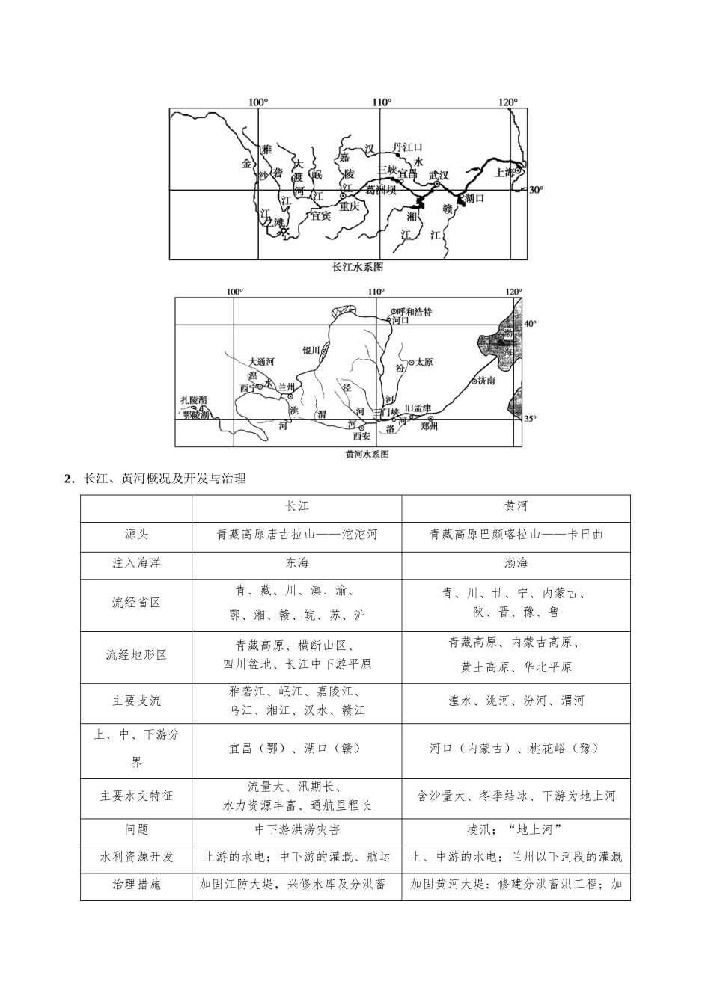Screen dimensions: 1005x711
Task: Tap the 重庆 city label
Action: [x=349, y=206]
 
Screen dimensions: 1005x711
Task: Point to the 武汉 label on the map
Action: [x=439, y=175]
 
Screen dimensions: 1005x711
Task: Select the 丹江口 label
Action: [x=408, y=147]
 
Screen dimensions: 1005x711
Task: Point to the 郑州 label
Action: [x=428, y=427]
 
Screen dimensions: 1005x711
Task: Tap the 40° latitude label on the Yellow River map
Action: [x=530, y=324]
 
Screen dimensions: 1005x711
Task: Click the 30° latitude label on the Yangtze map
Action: [x=536, y=190]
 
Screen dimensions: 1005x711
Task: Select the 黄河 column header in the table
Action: [x=516, y=506]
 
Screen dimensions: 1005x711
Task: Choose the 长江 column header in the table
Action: [x=296, y=506]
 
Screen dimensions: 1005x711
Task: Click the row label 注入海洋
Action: [x=136, y=563]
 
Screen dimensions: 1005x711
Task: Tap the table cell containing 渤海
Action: [x=516, y=563]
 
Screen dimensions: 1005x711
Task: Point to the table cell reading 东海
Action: [x=296, y=563]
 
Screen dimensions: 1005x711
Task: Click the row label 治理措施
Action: [x=136, y=885]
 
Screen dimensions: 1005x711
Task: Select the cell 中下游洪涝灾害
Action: [x=296, y=829]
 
